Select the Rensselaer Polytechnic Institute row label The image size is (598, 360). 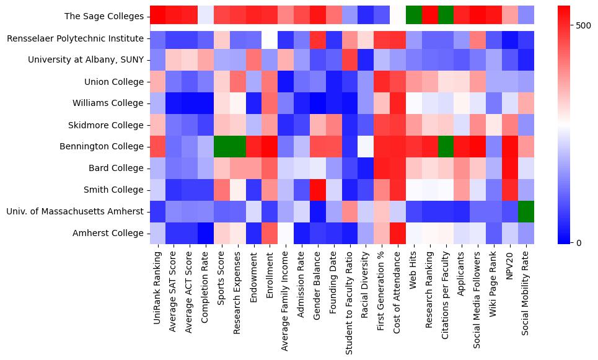click(76, 38)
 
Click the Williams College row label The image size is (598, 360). click(109, 103)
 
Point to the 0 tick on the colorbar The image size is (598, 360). click(579, 242)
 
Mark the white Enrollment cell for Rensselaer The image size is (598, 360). click(269, 38)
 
